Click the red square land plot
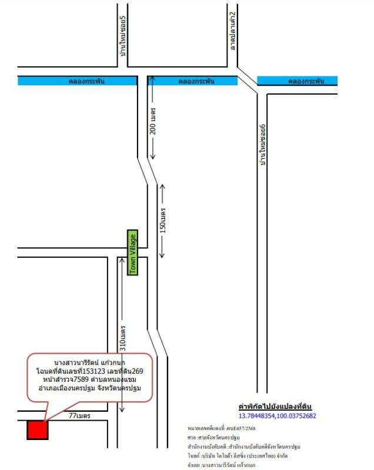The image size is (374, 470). [x=36, y=430]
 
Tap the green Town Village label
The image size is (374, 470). [x=133, y=253]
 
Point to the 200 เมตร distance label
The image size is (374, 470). [x=153, y=120]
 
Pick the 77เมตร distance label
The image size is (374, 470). [x=79, y=416]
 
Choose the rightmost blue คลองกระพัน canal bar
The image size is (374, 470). [x=298, y=81]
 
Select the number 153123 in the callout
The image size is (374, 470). [x=90, y=371]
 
